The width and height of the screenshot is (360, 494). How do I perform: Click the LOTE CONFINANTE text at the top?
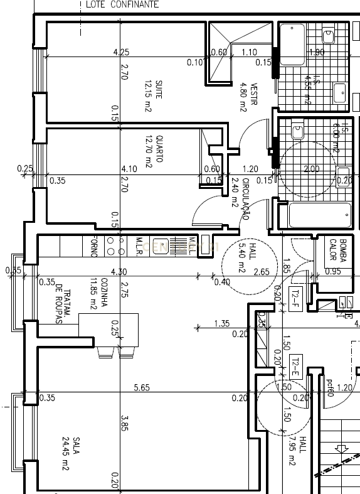coord(122,4)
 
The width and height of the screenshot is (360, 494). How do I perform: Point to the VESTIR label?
coord(249,97)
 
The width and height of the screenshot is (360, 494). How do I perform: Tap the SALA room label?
coord(69,453)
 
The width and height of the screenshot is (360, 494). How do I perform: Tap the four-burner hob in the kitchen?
coord(114,246)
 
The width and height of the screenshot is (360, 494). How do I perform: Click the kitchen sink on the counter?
coord(160,246)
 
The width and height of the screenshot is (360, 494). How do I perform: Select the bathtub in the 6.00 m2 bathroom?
coord(319,215)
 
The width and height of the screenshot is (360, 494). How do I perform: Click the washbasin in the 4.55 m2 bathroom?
coord(339,93)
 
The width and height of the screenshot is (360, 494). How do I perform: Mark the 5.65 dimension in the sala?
coord(142,388)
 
